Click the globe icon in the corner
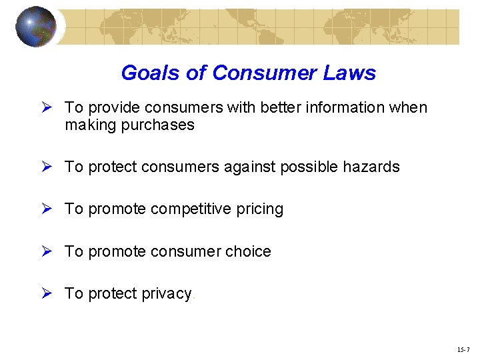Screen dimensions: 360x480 36,27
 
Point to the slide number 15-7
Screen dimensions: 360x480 464,349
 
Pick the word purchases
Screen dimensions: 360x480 158,125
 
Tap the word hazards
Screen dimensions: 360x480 371,167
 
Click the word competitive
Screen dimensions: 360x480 192,209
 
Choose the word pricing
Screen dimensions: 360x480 261,209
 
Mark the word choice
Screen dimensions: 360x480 249,251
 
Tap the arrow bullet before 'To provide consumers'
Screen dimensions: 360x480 47,107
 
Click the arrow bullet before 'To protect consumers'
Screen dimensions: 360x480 47,167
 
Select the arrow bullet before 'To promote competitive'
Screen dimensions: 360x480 47,209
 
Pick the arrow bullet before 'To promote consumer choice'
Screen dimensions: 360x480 47,251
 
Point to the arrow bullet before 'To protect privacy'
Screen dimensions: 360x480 47,293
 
